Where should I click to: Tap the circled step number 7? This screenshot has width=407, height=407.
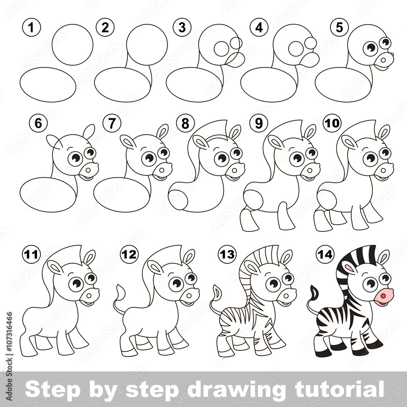tap(112, 123)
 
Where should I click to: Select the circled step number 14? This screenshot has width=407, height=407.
tap(326, 254)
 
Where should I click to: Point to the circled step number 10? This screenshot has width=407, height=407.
tap(332, 123)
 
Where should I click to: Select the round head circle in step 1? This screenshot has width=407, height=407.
tap(72, 45)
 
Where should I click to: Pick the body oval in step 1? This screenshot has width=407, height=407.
tap(48, 85)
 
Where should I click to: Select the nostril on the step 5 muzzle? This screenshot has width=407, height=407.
tap(383, 60)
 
